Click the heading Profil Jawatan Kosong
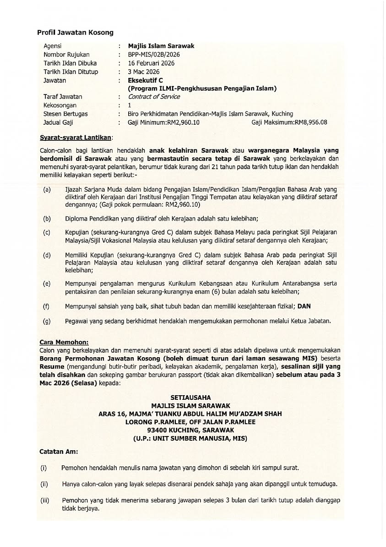75,33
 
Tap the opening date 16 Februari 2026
151,63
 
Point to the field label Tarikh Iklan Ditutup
71,72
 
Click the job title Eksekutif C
145,80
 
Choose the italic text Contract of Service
154,97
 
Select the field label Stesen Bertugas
65,114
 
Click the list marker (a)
47,189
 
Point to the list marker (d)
47,255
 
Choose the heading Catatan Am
58,451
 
